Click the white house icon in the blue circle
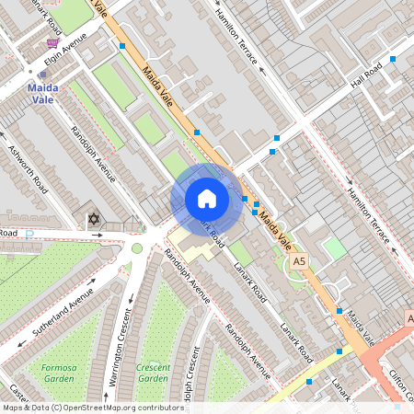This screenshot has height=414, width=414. click(207, 200)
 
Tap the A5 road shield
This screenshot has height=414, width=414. click(297, 263)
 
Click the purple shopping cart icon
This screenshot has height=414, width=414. click(55, 43)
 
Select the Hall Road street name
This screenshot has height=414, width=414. click(366, 75)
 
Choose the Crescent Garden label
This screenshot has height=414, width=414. click(153, 373)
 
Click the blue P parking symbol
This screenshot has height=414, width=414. click(29, 234)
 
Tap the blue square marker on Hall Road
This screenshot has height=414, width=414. click(393, 59)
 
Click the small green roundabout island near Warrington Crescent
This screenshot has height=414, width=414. click(137, 247)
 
